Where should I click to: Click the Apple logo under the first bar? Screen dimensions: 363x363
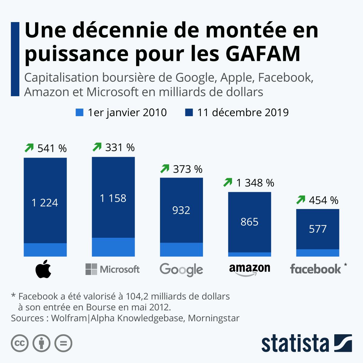43,269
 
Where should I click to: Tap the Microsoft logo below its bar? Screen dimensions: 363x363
113,269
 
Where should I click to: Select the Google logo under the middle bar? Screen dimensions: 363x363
181,269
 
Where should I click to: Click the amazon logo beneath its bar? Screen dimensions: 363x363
250,269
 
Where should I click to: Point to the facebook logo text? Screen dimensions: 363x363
316,269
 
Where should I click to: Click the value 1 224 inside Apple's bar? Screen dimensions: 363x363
45,203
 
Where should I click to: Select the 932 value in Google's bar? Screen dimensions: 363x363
181,210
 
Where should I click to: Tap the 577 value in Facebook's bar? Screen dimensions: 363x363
318,229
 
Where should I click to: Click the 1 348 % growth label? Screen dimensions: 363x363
255,183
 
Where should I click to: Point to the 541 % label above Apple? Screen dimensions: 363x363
52,149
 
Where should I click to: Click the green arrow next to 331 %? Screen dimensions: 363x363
97,147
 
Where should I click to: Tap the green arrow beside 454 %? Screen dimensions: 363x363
301,200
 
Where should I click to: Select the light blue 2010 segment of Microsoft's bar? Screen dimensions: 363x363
113,247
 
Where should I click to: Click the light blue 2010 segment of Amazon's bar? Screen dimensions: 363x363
250,254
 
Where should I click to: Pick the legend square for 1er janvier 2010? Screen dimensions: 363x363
79,113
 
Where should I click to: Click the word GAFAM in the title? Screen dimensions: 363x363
263,54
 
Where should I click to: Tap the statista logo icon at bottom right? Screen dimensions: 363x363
343,343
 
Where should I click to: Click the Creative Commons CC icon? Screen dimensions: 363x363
20,343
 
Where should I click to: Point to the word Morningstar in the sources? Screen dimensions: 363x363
214,318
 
